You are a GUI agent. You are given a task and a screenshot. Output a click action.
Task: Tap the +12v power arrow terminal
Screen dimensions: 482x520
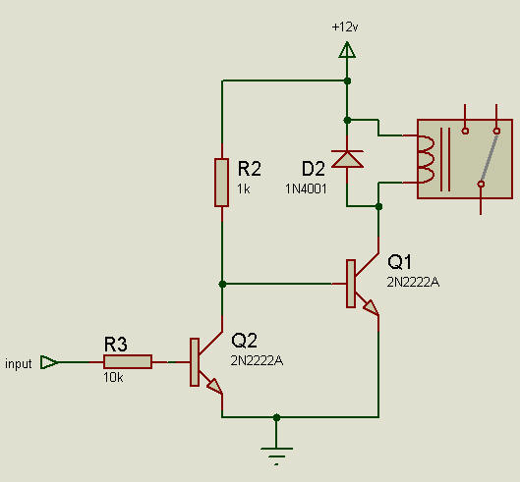tap(346, 49)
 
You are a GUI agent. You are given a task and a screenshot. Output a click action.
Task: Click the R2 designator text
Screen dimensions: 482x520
tap(249, 165)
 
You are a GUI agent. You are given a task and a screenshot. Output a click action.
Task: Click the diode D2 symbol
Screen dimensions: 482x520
tap(346, 157)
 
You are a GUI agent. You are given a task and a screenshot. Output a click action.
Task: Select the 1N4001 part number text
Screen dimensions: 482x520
tap(307, 187)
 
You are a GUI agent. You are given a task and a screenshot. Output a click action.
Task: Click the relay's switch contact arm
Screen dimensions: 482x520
tap(489, 157)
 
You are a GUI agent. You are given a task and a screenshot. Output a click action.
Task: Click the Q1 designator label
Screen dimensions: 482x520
tap(402, 262)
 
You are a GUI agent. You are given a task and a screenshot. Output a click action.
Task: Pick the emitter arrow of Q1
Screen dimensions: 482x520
tap(371, 309)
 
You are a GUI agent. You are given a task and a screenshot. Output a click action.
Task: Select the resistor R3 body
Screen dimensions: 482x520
tap(127, 362)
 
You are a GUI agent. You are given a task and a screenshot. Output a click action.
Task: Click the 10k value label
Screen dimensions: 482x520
tap(113, 377)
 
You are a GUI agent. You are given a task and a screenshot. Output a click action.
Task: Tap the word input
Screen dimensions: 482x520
tap(19, 364)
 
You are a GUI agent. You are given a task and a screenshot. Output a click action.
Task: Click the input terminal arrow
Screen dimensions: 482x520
tap(48, 362)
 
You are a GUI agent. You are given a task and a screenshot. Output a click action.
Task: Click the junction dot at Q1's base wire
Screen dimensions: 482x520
tap(222, 284)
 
